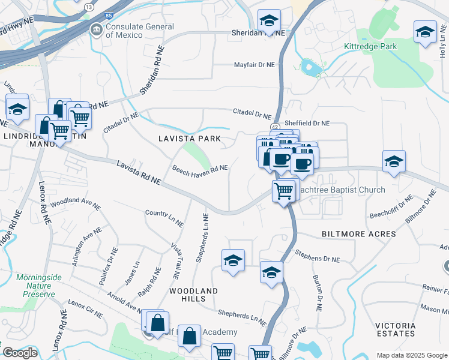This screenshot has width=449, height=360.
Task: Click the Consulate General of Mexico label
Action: click(140, 31)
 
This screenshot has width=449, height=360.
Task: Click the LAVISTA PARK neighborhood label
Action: click(189, 139)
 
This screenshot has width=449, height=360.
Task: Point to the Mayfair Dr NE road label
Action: click(254, 64)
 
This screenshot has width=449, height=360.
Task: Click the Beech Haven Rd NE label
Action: click(200, 171)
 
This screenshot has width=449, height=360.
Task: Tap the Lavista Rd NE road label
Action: click(139, 172)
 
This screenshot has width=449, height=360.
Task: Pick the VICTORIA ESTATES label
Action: click(395, 329)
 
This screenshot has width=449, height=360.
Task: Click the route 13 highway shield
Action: click(89, 7)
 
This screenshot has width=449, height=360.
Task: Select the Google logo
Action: click(20, 353)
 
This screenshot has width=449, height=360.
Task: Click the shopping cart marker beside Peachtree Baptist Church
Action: click(283, 191)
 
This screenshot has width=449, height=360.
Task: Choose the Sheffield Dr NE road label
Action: click(307, 123)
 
